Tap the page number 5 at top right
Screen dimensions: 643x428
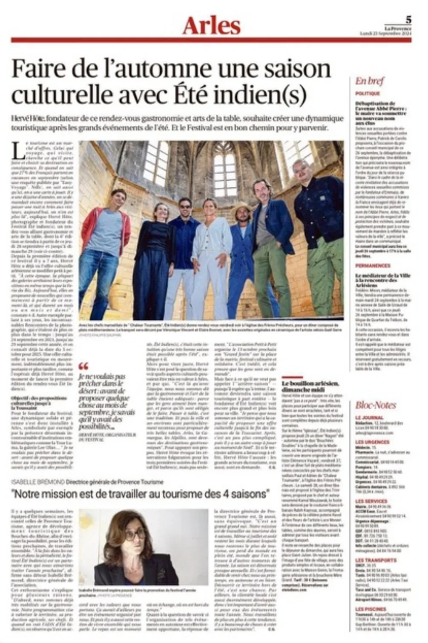[x=408, y=19]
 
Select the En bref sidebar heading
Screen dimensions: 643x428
[x=370, y=81]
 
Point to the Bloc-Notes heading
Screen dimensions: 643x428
[x=376, y=405]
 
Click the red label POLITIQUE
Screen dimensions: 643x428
[x=368, y=93]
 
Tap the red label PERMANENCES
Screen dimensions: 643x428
[x=373, y=266]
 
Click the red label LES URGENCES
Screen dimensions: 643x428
[x=373, y=442]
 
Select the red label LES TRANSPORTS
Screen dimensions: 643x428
[x=376, y=560]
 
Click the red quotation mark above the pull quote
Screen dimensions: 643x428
[x=83, y=366]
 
